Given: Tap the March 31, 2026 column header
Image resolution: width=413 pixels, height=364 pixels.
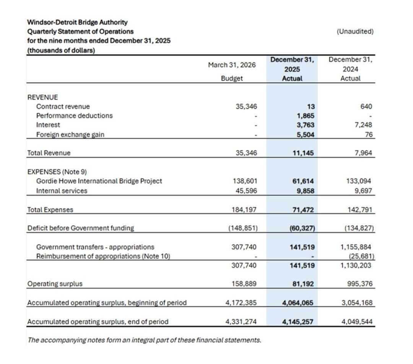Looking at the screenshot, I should pyautogui.click(x=232, y=65).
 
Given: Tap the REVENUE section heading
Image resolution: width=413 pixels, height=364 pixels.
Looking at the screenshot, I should pyautogui.click(x=42, y=97).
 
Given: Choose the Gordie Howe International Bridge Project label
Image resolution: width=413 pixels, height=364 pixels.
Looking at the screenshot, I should pyautogui.click(x=99, y=181).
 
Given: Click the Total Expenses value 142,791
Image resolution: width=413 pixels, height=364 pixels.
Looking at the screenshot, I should pyautogui.click(x=360, y=210).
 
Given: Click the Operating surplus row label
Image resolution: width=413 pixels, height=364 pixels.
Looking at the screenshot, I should pyautogui.click(x=55, y=284).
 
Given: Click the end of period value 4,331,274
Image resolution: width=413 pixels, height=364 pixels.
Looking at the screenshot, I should pyautogui.click(x=240, y=322).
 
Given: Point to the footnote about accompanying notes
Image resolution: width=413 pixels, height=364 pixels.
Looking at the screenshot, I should pyautogui.click(x=145, y=340).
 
